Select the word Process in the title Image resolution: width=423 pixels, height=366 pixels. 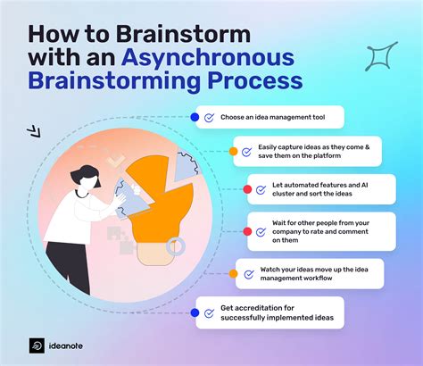pos(250,83)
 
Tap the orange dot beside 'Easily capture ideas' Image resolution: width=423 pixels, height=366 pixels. pos(233,152)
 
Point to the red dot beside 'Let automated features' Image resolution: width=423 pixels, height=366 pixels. pos(246,190)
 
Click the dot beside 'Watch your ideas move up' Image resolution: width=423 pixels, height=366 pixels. pos(233,272)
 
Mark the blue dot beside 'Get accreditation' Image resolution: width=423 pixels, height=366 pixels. pos(195,312)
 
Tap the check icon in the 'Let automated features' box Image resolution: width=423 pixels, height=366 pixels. pos(261,190)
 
